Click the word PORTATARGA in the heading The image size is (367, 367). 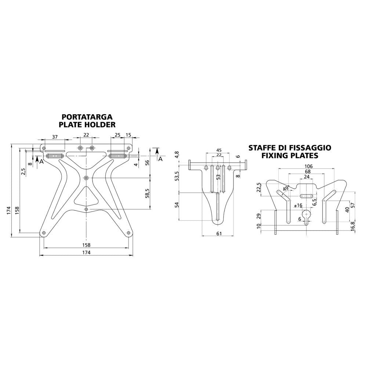click(87, 117)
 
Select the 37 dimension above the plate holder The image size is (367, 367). click(55, 137)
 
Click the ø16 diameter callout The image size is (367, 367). click(298, 205)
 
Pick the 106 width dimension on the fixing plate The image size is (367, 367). click(308, 166)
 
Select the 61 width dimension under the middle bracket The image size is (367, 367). click(219, 233)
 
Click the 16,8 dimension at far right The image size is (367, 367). click(353, 226)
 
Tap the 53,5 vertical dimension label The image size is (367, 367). click(177, 176)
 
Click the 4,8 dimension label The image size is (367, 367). click(177, 155)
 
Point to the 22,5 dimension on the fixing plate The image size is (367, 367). click(259, 188)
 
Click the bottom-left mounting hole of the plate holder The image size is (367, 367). click(44, 233)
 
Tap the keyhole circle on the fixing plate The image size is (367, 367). click(306, 214)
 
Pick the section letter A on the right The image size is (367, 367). click(160, 159)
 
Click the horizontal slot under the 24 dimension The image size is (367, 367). click(306, 196)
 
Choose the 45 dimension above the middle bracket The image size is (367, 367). click(219, 150)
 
